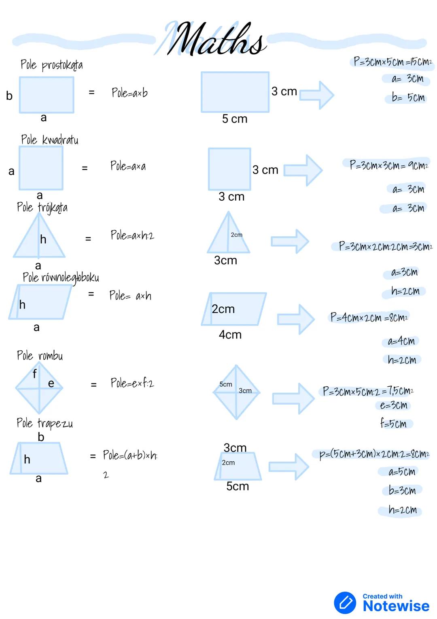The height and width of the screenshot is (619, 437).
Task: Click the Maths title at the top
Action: (216, 39)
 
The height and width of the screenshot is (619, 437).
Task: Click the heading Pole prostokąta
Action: (51, 65)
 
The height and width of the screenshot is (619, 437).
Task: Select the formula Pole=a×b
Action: (129, 93)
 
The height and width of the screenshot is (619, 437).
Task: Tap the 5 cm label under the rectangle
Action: (234, 119)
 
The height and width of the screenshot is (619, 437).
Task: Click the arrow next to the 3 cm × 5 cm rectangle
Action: (317, 95)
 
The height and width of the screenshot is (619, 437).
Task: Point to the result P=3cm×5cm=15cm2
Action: (392, 62)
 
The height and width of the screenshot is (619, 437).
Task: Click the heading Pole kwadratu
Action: (49, 140)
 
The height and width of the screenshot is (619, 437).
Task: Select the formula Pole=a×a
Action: (128, 166)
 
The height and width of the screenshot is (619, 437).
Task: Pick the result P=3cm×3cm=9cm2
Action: (388, 165)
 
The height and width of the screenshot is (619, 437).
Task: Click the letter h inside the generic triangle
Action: (43, 240)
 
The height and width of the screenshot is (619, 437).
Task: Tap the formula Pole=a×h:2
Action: (132, 235)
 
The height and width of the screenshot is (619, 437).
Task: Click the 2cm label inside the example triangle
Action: (236, 235)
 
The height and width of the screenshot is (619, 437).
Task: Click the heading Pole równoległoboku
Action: (61, 278)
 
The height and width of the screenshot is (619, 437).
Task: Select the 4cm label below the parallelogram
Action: (230, 335)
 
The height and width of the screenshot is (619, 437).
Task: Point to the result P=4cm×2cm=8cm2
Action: (369, 317)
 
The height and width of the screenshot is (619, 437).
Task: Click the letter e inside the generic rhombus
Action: (51, 383)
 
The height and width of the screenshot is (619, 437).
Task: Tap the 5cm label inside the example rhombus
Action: (226, 384)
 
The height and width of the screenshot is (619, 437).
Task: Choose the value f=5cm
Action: (393, 424)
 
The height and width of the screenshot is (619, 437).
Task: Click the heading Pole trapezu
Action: (45, 424)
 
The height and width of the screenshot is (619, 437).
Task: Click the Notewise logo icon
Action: (345, 602)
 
